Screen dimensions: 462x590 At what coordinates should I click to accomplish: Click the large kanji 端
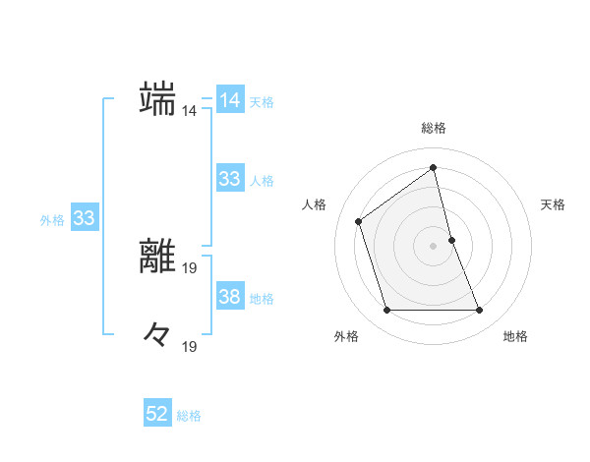(158, 98)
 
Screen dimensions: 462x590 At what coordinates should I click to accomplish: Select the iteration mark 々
(158, 334)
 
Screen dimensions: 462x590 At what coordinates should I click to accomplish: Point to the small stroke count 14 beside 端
(190, 111)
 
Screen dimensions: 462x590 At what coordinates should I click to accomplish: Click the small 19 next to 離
(190, 266)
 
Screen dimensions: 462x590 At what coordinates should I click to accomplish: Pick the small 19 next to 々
(190, 346)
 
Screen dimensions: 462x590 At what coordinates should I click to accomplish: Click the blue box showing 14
(229, 100)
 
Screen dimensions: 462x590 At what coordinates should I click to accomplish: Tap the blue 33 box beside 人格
(229, 179)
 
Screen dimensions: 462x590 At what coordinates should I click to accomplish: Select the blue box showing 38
(229, 297)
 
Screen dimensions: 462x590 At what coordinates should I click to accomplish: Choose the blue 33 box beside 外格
(84, 218)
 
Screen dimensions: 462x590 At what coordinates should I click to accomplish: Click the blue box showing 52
(157, 414)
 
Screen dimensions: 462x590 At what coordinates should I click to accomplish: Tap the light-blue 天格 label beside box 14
(262, 102)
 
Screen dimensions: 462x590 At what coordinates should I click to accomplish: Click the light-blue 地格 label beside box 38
(262, 299)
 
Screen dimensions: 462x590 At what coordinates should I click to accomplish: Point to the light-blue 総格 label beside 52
(190, 416)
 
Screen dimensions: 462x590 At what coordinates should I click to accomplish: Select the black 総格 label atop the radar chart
(434, 128)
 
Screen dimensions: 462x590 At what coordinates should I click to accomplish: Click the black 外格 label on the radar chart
(346, 337)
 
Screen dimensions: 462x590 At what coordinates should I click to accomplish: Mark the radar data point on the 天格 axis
(451, 240)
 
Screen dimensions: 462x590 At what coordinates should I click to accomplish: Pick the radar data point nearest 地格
(480, 311)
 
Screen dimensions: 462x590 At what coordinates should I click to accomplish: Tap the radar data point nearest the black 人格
(359, 221)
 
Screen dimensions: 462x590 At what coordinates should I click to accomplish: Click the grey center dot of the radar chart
(434, 246)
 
